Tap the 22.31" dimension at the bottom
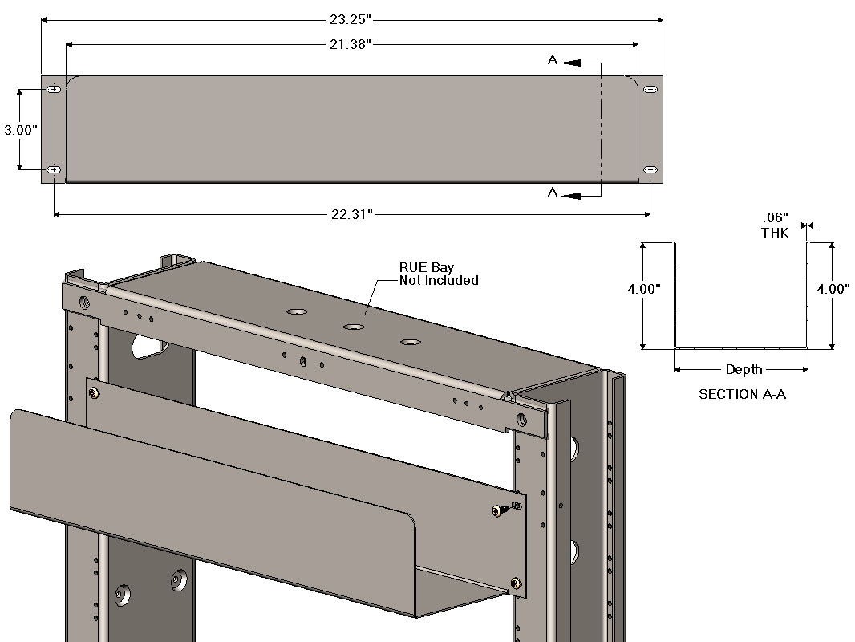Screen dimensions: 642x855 (352, 214)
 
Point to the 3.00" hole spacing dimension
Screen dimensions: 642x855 (20, 130)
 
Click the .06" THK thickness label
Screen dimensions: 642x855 (776, 226)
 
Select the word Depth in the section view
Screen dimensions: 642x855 (744, 370)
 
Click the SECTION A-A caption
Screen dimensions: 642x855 (741, 394)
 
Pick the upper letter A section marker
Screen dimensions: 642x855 (553, 60)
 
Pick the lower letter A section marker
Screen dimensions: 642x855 (553, 193)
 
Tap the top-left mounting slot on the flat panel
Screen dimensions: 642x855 (54, 90)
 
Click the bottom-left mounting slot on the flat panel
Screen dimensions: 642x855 (54, 169)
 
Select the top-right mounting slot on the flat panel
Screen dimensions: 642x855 (650, 90)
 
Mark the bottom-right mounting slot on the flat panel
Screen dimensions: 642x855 (650, 169)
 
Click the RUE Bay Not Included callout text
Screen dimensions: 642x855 (438, 274)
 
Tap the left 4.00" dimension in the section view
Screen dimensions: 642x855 (644, 290)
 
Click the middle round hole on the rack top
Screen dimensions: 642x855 (354, 327)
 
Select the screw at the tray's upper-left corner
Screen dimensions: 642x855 (95, 392)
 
